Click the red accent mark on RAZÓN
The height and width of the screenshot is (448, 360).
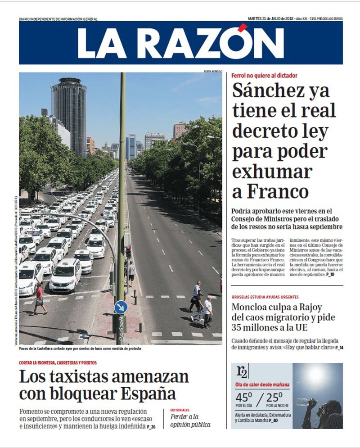(x=243, y=28)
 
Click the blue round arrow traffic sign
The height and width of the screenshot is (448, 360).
(x=120, y=308)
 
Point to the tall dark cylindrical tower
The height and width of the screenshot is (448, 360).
(x=69, y=115)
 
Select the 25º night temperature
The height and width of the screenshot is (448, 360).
(x=274, y=398)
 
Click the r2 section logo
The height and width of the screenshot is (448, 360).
(x=242, y=372)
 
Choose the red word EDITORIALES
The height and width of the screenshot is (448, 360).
(x=180, y=410)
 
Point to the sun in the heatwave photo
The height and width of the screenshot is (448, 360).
(x=316, y=373)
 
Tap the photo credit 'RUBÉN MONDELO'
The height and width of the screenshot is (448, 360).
(x=212, y=71)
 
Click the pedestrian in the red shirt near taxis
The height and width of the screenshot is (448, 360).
(x=39, y=297)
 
